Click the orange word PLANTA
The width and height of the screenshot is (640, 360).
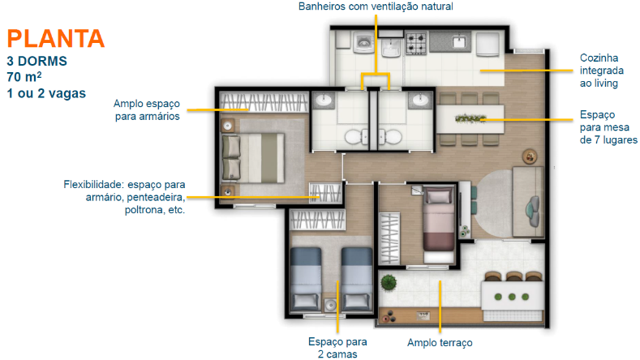[x=56, y=39]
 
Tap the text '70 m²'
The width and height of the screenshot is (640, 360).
[x=24, y=77]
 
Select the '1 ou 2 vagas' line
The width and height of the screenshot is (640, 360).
[x=46, y=93]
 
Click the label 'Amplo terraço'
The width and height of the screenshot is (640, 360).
[x=440, y=343]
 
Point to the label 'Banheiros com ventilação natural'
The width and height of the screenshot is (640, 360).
[x=376, y=6]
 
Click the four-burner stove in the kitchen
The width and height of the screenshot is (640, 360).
[x=416, y=44]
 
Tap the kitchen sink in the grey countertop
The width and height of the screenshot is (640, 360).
[x=459, y=41]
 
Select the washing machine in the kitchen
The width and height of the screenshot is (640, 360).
[x=363, y=42]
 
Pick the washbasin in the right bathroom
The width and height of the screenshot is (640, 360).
[x=420, y=100]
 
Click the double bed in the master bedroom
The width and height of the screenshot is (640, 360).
[x=252, y=158]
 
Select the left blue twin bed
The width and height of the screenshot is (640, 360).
[x=306, y=279]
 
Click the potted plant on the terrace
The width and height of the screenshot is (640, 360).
[x=389, y=282]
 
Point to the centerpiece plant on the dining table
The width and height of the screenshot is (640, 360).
[x=470, y=118]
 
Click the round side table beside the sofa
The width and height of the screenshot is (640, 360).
[x=530, y=156]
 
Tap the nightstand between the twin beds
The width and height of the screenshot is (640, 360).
[x=331, y=305]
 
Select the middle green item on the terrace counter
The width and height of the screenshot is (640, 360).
[x=512, y=297]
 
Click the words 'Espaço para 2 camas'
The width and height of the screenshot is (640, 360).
[x=337, y=348]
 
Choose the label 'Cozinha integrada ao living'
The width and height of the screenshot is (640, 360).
[x=602, y=71]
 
